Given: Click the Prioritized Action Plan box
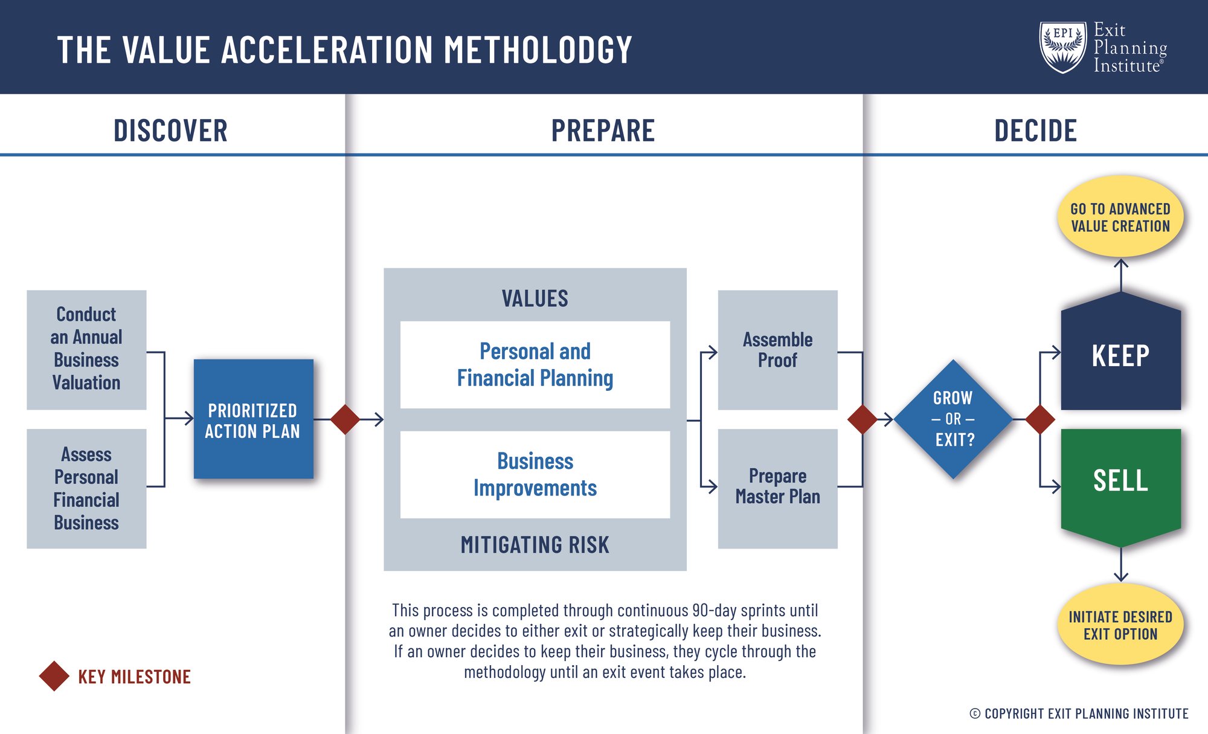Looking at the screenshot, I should coord(253,419).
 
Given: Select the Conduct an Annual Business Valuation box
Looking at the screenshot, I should coord(86,349).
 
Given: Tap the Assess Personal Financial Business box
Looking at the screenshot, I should coord(86,488).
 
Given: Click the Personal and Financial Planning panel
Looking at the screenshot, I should coord(535,364).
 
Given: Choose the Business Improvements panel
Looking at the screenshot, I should coord(535,474).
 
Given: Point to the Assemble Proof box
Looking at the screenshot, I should coord(777,350).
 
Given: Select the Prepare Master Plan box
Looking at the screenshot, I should coord(777,488).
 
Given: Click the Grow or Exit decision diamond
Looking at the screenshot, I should coord(953,419).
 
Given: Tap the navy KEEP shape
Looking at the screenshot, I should coord(1120,355).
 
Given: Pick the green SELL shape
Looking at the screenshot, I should coord(1120,481).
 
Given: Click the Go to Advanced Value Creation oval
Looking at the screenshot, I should coord(1120,217).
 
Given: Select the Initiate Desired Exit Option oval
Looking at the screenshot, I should coord(1120,625).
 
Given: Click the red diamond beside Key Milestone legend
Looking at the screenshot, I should coord(54,676).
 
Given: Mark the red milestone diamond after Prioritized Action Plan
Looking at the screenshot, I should coord(345,419).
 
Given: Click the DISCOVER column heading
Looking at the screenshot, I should coord(170,130).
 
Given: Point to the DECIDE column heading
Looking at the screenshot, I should coord(1035,130).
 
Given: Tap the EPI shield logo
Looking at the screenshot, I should coord(1063,47).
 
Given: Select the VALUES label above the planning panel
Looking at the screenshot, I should coord(535,298).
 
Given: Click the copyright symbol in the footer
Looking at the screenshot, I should coord(975,713).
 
